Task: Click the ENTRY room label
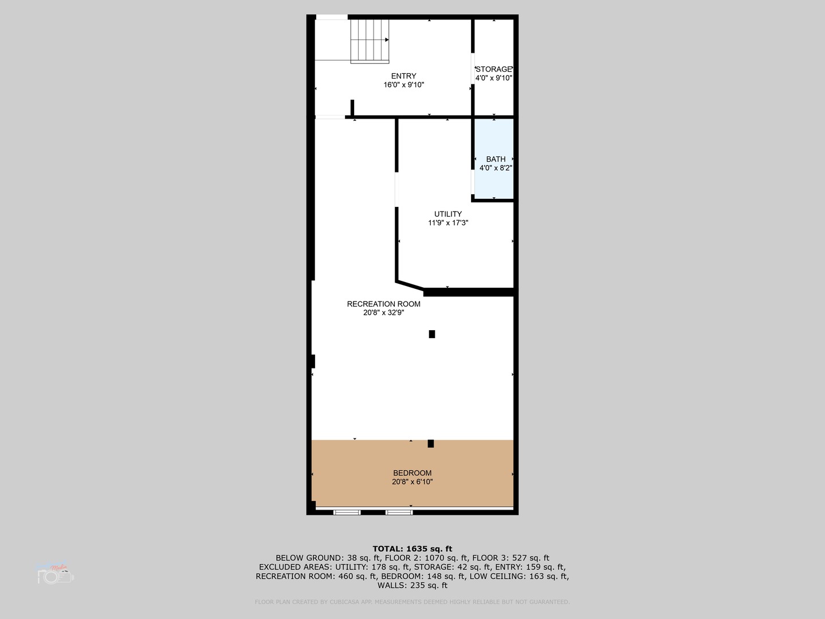(x=403, y=76)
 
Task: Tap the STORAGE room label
(x=493, y=69)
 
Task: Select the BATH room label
(x=496, y=159)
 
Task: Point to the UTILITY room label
(x=447, y=214)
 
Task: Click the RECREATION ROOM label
(x=383, y=304)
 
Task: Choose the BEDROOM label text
(x=412, y=473)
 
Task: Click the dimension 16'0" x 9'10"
(x=403, y=85)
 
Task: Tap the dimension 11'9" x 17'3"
(x=447, y=223)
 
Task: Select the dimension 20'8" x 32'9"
(x=383, y=313)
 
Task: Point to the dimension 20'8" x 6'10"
(x=412, y=482)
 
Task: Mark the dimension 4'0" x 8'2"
(x=496, y=168)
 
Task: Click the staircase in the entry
(x=370, y=40)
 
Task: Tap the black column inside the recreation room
(x=432, y=334)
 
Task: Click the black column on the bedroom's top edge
(x=431, y=443)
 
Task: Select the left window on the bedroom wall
(x=347, y=512)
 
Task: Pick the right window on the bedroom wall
(x=399, y=512)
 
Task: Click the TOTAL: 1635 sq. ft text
(x=412, y=549)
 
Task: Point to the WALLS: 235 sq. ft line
(x=412, y=585)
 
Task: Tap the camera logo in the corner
(x=55, y=574)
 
